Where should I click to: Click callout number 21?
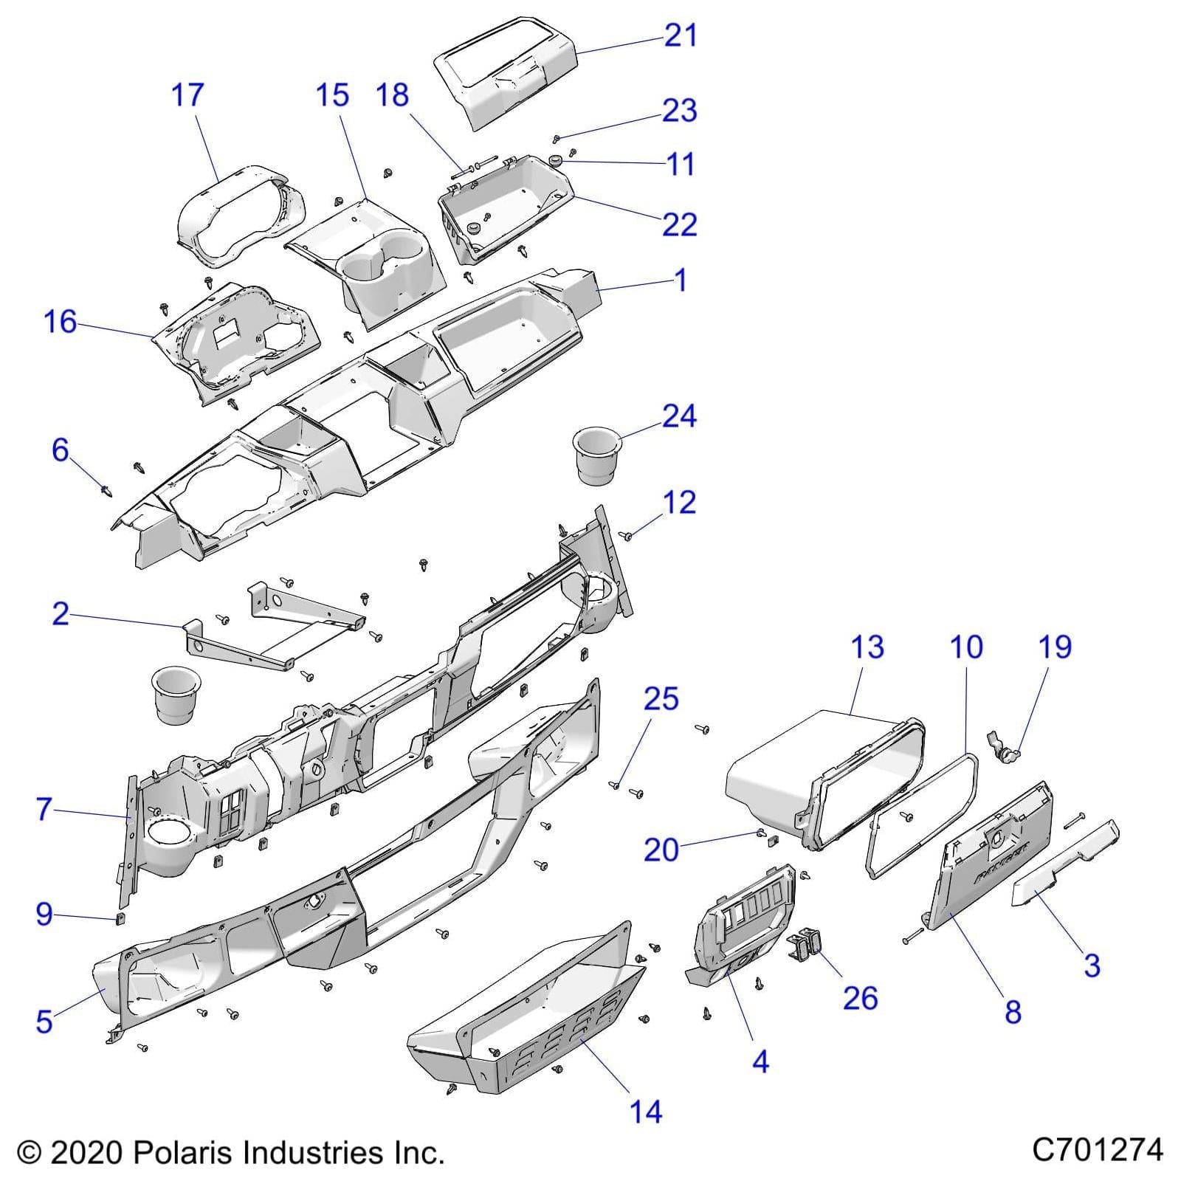pos(680,35)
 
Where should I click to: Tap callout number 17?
pos(187,95)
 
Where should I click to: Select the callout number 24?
pos(678,416)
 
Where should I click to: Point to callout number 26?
pos(860,998)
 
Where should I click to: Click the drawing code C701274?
pos(1097,1149)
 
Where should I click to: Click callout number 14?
pos(645,1111)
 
